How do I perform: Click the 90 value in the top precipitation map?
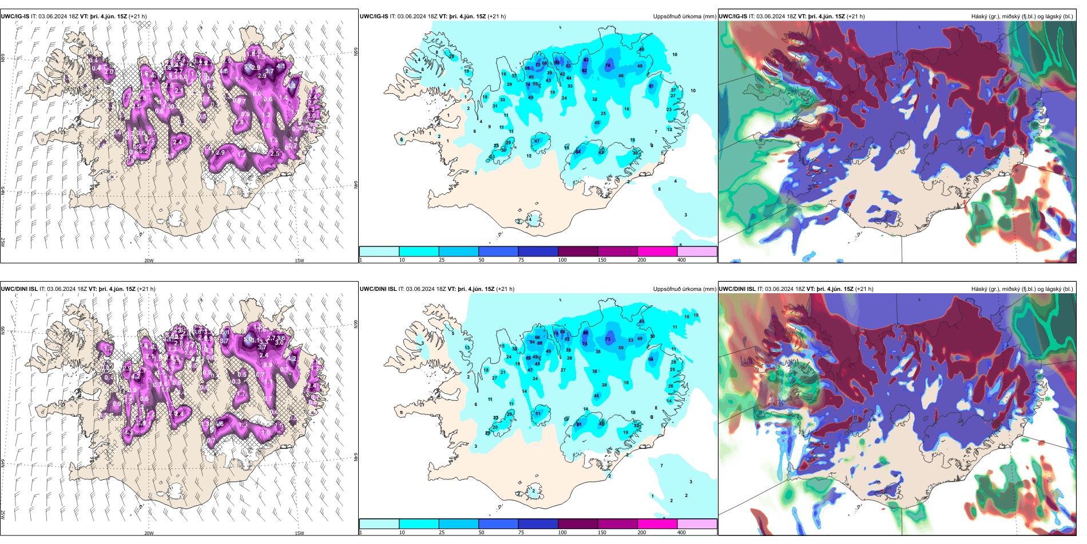click(x=557, y=62)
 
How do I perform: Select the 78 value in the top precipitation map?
click(x=608, y=66)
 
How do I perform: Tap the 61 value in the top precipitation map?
click(x=651, y=86)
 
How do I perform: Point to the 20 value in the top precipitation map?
click(x=451, y=56)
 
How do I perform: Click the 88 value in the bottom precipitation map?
click(x=585, y=333)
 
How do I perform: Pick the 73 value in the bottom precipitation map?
click(x=608, y=339)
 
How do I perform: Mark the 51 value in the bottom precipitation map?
click(x=538, y=413)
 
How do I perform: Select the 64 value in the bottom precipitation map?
click(x=650, y=359)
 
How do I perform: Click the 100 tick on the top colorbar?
click(x=562, y=260)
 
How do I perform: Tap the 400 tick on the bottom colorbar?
click(x=681, y=533)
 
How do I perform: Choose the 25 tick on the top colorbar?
click(x=442, y=260)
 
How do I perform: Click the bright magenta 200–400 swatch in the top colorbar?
click(x=657, y=251)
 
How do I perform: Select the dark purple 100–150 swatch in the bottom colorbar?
click(x=578, y=524)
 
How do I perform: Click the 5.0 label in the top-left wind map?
click(x=247, y=67)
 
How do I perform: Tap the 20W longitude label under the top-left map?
click(x=149, y=261)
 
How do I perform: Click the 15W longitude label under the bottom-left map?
click(x=299, y=533)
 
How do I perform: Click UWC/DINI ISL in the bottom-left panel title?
click(x=19, y=289)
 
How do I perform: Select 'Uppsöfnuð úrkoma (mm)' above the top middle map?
click(x=684, y=17)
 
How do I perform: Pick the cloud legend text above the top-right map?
click(x=1022, y=17)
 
